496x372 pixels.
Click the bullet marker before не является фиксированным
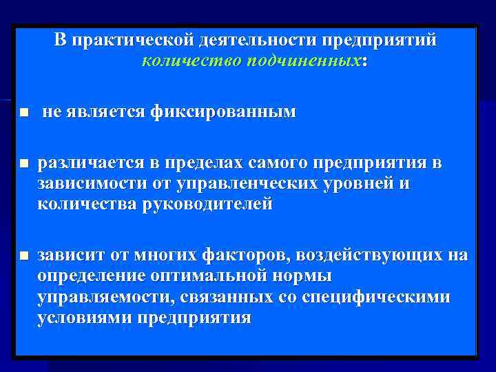coord(23,112)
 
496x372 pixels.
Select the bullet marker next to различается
coord(23,164)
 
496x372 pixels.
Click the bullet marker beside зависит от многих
coord(23,256)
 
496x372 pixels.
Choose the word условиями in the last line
coord(85,318)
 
